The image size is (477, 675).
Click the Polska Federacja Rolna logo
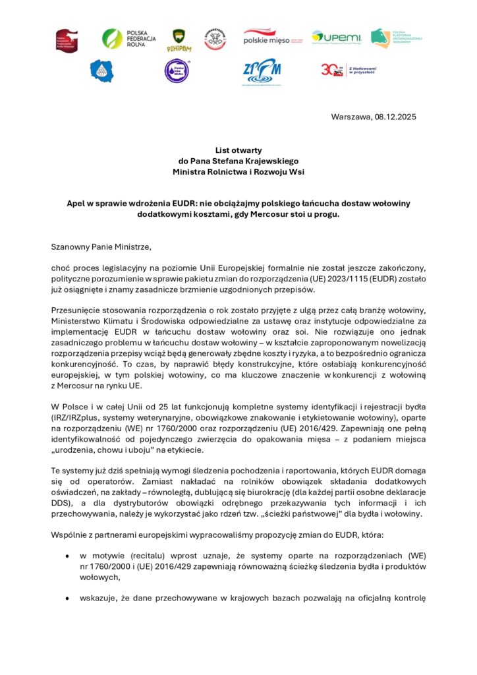click(129, 38)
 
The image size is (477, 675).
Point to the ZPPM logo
click(262, 71)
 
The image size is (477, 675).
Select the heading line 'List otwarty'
click(238, 150)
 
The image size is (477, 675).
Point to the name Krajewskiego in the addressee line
click(271, 161)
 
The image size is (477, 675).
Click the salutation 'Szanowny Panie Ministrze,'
click(101, 247)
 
